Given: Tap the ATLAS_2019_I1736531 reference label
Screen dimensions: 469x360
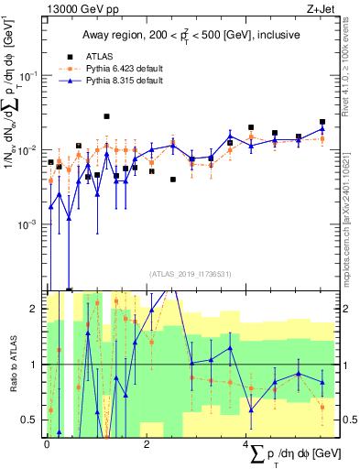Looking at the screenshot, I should tap(189, 273).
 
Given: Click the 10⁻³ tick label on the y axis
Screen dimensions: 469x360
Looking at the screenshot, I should tap(30, 224).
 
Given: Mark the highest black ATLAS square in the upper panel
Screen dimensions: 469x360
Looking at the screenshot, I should tap(107, 116).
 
